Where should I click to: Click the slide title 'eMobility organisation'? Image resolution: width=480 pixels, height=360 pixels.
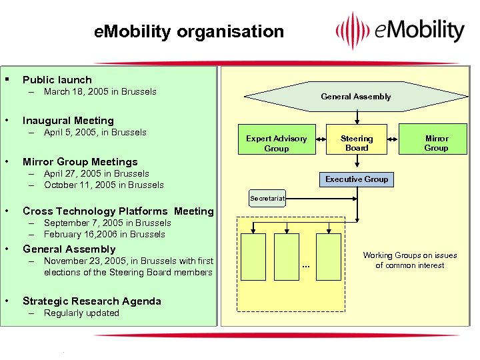pos(189,31)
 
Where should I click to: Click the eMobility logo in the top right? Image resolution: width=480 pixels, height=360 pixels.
pos(399,31)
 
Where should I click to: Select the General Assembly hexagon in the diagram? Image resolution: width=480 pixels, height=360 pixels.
pos(355,97)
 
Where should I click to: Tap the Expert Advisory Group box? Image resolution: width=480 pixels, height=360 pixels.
pos(276,143)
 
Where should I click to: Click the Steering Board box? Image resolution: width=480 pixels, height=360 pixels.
pos(357,143)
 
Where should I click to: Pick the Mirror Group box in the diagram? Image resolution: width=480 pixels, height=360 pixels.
pos(437,143)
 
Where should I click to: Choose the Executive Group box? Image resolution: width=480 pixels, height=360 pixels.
pos(356,179)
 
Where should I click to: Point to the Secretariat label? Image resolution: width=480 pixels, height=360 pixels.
pos(267,198)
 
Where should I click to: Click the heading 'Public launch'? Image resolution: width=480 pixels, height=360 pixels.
pos(57,79)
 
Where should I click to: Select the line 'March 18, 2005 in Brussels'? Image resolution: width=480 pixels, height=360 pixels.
pos(100,91)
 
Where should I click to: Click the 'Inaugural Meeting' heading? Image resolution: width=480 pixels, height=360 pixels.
pos(68,121)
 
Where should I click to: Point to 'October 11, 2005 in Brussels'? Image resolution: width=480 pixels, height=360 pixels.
pos(103,185)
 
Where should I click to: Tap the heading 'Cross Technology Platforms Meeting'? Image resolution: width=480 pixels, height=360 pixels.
pos(118,211)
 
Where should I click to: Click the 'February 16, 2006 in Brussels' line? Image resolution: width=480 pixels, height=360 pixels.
pos(104,234)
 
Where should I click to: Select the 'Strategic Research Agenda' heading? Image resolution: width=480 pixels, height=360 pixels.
pos(92,301)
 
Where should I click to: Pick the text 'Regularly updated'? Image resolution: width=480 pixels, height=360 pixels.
pos(81,313)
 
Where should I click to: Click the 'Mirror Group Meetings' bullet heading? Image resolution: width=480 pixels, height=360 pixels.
pos(80,162)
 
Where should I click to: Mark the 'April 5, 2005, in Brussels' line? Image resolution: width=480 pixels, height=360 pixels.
pos(95,132)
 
